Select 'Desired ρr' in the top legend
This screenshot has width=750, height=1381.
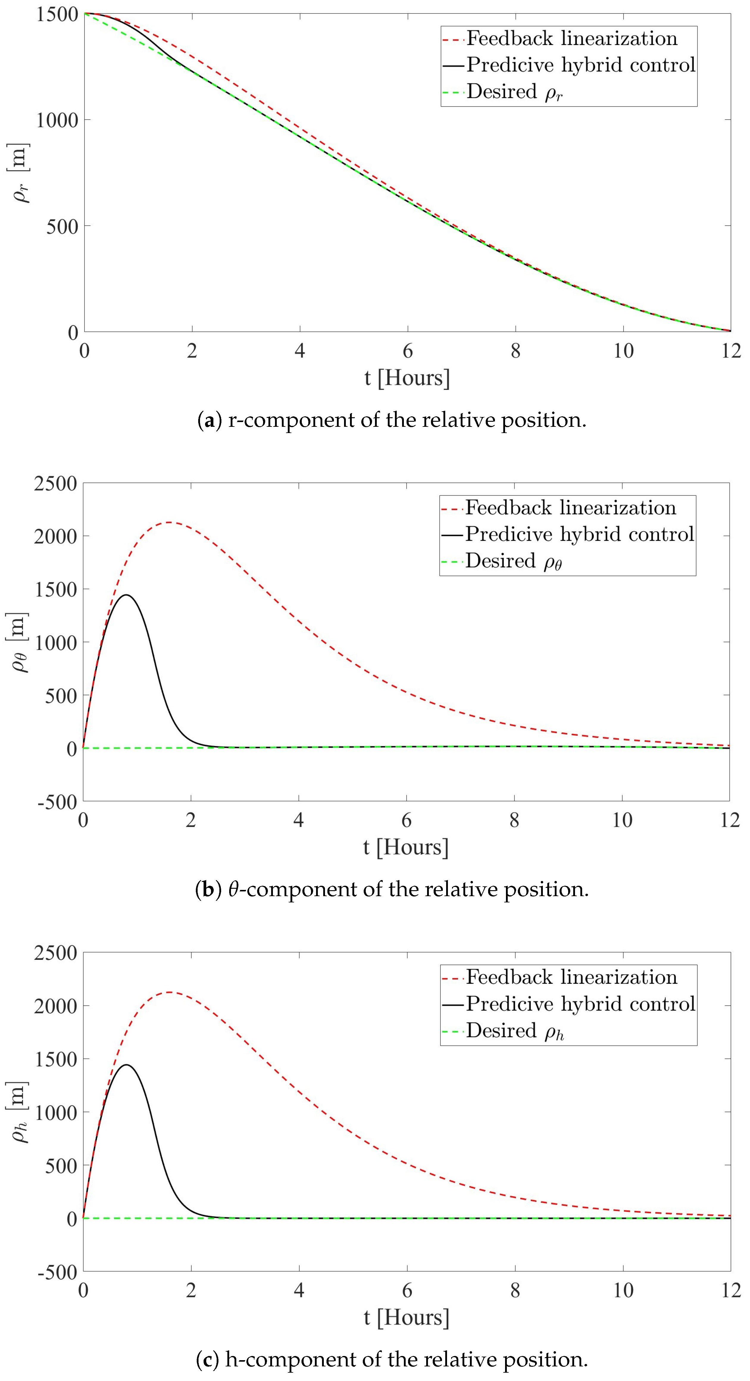click(x=514, y=92)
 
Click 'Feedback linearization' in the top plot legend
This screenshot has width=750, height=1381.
click(x=571, y=39)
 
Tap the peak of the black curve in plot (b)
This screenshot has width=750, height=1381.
click(x=126, y=595)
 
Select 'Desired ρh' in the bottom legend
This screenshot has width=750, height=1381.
click(x=515, y=1031)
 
